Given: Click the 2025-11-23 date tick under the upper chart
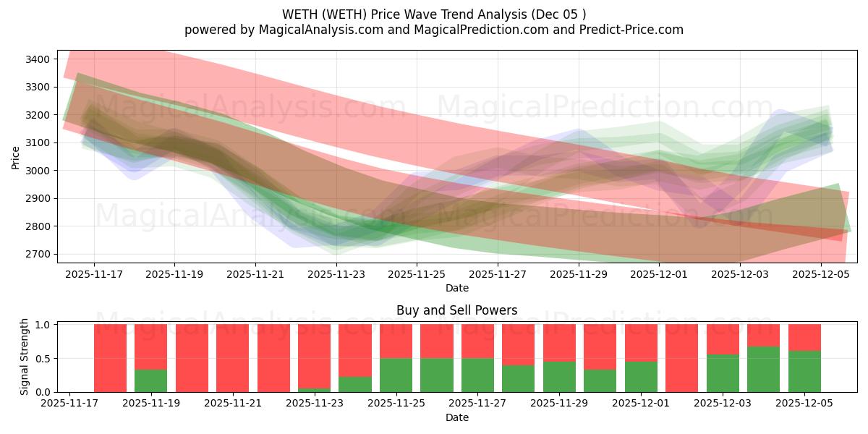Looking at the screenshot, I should pos(336,275).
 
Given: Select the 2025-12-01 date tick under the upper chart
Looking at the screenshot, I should pos(660,275).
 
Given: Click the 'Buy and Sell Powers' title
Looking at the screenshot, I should pos(456,310).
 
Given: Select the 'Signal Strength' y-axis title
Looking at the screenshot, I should pos(24,356).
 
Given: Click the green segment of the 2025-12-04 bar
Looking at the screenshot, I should pos(764,369).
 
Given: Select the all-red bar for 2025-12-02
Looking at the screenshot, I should pos(682,358).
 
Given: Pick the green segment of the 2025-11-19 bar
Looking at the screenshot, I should pos(150,380).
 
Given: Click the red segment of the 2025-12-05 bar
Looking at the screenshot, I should pos(804,337).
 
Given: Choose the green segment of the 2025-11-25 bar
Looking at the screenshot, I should pos(396,375).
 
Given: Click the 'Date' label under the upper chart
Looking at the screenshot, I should pos(456,288).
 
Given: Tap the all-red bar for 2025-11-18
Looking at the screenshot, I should pos(110,358).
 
